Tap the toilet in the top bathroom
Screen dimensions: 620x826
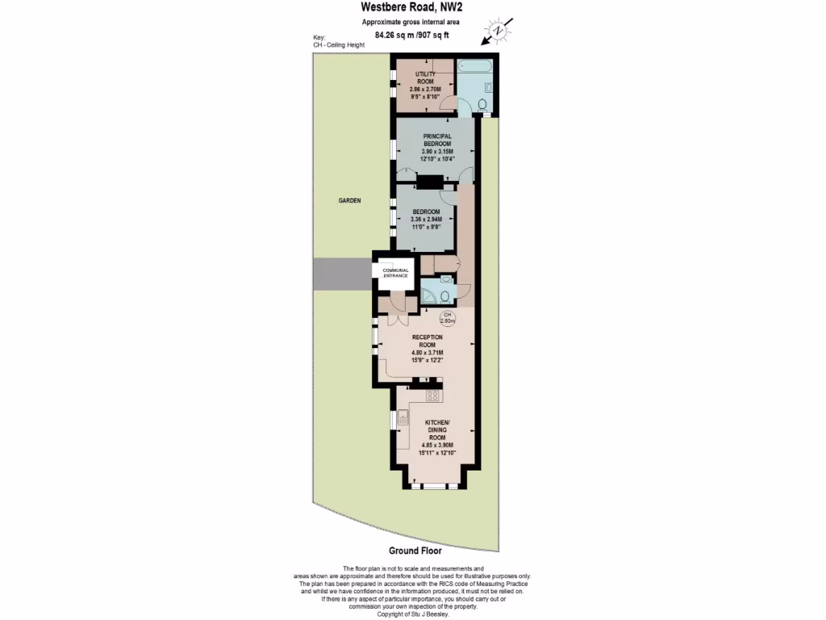tap(482, 104)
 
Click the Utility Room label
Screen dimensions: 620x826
tap(425, 77)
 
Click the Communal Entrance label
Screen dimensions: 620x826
tap(396, 273)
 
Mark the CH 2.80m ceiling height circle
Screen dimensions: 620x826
tap(448, 318)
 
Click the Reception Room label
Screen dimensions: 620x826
tap(428, 341)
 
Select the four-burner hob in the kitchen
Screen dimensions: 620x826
tap(432, 396)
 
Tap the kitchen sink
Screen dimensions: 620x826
tap(403, 417)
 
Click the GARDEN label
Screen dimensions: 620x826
tap(349, 200)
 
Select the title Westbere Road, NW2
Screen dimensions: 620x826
tap(412, 7)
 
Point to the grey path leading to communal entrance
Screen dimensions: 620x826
tap(342, 274)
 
